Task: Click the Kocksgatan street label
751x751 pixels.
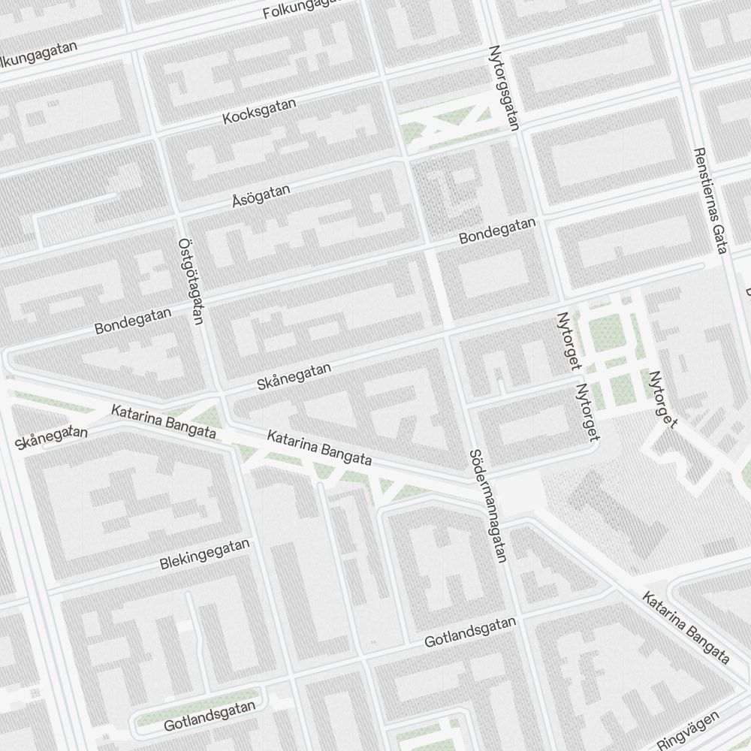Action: tap(260, 111)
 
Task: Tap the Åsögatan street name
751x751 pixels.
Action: tap(261, 197)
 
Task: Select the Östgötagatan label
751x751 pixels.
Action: tap(191, 282)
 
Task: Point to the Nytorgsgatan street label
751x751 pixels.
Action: tap(504, 88)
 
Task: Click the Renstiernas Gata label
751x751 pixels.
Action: tap(710, 201)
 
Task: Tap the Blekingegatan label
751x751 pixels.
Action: tap(204, 554)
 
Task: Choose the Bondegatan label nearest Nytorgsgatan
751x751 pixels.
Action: tap(498, 231)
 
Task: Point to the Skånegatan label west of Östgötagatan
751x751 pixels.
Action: tap(51, 438)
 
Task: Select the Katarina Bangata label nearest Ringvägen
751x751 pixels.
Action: tap(686, 628)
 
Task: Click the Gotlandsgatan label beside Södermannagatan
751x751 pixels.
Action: tap(470, 632)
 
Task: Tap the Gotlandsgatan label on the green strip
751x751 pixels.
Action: tap(210, 716)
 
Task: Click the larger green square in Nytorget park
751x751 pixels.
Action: tap(606, 330)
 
